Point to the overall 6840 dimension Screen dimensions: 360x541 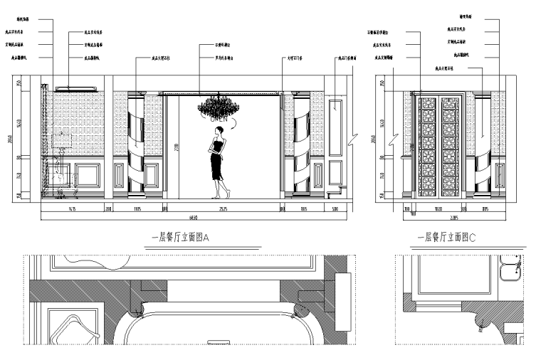tap(194, 217)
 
